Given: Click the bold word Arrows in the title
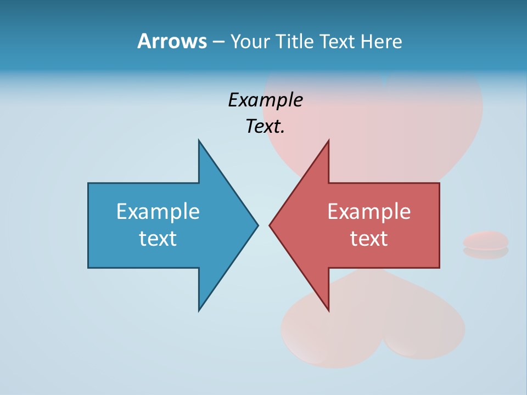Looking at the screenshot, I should pyautogui.click(x=172, y=41).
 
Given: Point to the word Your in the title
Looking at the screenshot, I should pyautogui.click(x=250, y=42).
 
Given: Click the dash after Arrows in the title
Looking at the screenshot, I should pyautogui.click(x=217, y=42).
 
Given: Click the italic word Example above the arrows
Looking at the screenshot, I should pyautogui.click(x=265, y=100).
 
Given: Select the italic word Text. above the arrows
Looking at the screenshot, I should pyautogui.click(x=265, y=127).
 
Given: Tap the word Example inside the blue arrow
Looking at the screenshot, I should pyautogui.click(x=158, y=212).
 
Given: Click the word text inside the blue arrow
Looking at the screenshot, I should pyautogui.click(x=158, y=239).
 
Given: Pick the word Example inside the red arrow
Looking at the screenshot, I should pyautogui.click(x=369, y=212).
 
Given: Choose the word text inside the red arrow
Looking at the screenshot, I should pyautogui.click(x=369, y=239).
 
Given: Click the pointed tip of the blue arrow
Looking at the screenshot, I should pyautogui.click(x=257, y=225).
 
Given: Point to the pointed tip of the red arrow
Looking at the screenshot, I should pyautogui.click(x=271, y=225).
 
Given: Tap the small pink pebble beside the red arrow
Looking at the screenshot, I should pyautogui.click(x=485, y=241).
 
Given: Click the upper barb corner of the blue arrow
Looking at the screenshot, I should pyautogui.click(x=199, y=142).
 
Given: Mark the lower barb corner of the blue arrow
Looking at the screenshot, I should pyautogui.click(x=199, y=310).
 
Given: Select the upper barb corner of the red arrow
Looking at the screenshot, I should pyautogui.click(x=328, y=142).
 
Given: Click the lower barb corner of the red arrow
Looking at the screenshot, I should pyautogui.click(x=328, y=310).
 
